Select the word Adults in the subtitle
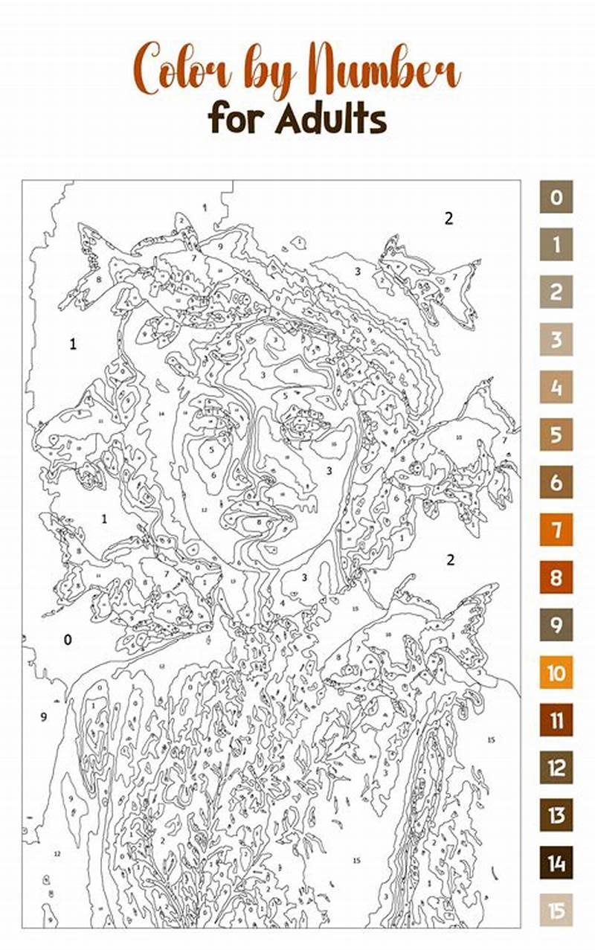(x=331, y=119)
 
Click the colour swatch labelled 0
(x=556, y=197)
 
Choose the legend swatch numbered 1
(x=556, y=245)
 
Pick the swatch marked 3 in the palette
(x=556, y=340)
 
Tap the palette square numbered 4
(x=556, y=388)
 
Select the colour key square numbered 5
(x=556, y=435)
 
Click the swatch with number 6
(x=556, y=483)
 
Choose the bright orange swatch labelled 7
(x=556, y=530)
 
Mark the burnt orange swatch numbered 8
(x=556, y=578)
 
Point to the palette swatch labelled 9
(x=556, y=626)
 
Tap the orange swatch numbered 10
(x=556, y=673)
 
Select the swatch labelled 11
(x=556, y=721)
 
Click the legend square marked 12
(x=556, y=768)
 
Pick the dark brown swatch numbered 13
(x=556, y=815)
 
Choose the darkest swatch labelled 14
(x=556, y=863)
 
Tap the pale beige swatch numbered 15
(x=556, y=911)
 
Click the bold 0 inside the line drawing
(x=68, y=640)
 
